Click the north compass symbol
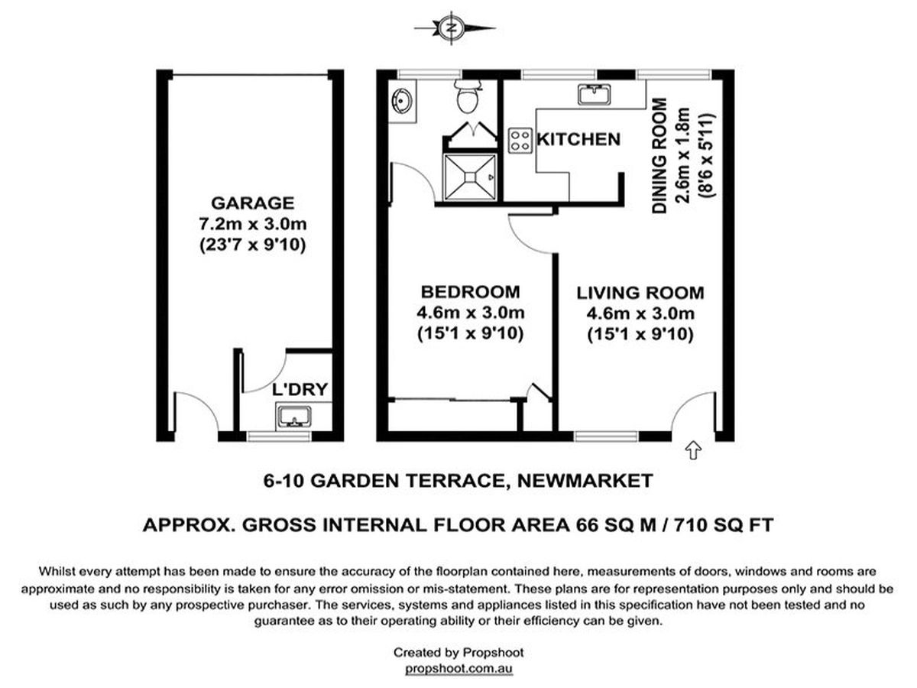(x=451, y=28)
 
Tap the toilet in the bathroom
(x=468, y=96)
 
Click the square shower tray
(x=470, y=177)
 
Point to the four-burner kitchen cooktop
(x=520, y=141)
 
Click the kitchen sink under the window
(x=594, y=94)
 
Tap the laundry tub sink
(x=293, y=417)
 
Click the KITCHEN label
(x=578, y=140)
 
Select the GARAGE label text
(x=253, y=203)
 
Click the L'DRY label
(x=300, y=389)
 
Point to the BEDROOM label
(x=471, y=291)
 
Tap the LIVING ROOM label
(x=640, y=293)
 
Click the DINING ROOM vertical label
(x=659, y=156)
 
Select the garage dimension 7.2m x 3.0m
(x=253, y=224)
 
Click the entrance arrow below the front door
(x=694, y=450)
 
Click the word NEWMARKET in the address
(x=585, y=480)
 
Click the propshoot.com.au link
(x=458, y=668)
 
